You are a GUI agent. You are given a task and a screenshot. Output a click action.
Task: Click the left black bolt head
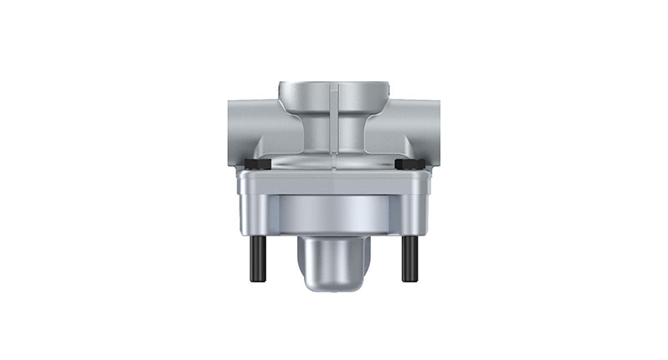click(259, 165)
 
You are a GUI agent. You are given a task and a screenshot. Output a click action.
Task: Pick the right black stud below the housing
click(410, 258)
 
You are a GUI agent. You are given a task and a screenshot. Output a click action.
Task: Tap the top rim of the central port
click(334, 87)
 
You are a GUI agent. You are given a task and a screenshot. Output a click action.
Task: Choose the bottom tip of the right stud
click(410, 279)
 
